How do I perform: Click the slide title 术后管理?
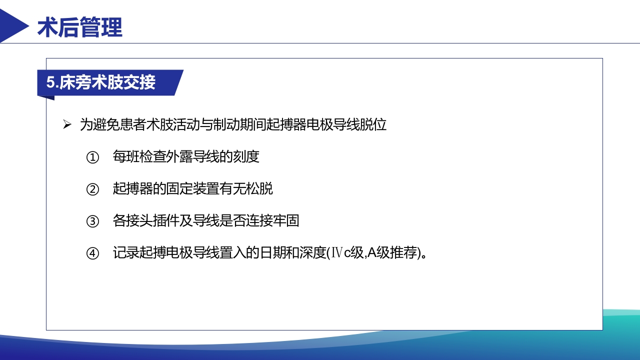pyautogui.click(x=80, y=27)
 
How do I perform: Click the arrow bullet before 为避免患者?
pyautogui.click(x=67, y=124)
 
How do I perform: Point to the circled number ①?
pyautogui.click(x=93, y=157)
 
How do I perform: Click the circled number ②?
pyautogui.click(x=93, y=189)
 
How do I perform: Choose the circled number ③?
pyautogui.click(x=93, y=221)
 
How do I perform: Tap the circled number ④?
pyautogui.click(x=93, y=253)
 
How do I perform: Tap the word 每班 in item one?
pyautogui.click(x=126, y=157)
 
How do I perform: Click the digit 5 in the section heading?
pyautogui.click(x=50, y=83)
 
